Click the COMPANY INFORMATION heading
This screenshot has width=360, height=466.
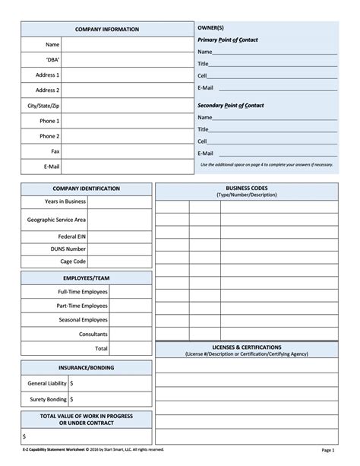pyautogui.click(x=106, y=29)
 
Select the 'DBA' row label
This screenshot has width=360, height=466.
pyautogui.click(x=52, y=59)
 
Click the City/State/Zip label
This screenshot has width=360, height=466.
pyautogui.click(x=43, y=105)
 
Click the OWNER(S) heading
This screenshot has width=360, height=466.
pyautogui.click(x=210, y=27)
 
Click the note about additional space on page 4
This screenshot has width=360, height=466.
pyautogui.click(x=266, y=165)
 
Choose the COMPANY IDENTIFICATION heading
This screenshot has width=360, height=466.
pyautogui.click(x=87, y=188)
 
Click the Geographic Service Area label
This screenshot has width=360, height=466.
pyautogui.click(x=56, y=219)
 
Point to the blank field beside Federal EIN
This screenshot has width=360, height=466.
pyautogui.click(x=119, y=236)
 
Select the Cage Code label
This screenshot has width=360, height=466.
pyautogui.click(x=73, y=261)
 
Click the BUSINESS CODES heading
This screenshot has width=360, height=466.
pyautogui.click(x=247, y=187)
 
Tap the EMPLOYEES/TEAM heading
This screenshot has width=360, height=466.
pyautogui.click(x=87, y=277)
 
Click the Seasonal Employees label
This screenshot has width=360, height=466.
pyautogui.click(x=83, y=319)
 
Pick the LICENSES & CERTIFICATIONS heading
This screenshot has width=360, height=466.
pyautogui.click(x=247, y=346)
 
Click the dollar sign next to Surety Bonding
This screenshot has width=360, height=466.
pyautogui.click(x=71, y=398)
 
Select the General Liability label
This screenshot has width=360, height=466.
pyautogui.click(x=46, y=383)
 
